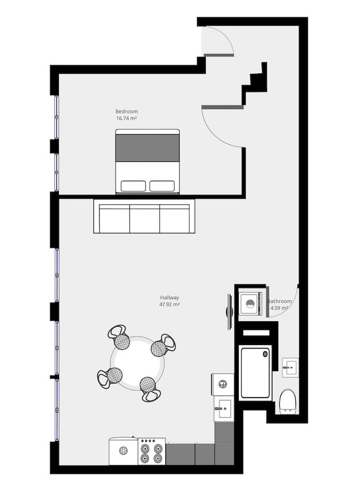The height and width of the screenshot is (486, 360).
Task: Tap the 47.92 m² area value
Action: click(170, 305)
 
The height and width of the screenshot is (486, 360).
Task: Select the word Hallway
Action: click(170, 297)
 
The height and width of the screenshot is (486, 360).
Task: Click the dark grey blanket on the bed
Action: click(147, 148)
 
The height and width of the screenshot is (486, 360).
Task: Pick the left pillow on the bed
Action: click(133, 186)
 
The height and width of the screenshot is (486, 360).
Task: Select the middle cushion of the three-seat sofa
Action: click(144, 219)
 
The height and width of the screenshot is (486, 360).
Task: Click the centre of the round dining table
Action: click(137, 362)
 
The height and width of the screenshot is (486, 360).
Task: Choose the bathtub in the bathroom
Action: click(255, 372)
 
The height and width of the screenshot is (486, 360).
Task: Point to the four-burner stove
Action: click(151, 452)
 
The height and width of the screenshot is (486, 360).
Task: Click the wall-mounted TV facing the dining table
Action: click(230, 312)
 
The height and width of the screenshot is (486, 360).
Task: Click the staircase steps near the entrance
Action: click(257, 83)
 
